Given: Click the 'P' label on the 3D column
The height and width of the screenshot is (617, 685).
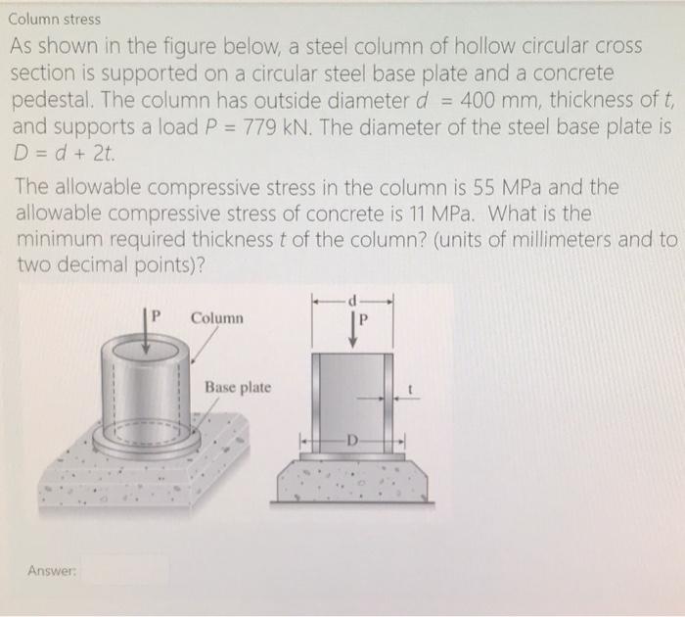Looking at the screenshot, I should pyautogui.click(x=155, y=315).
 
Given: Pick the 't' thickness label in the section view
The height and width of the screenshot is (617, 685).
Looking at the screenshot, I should pyautogui.click(x=414, y=388).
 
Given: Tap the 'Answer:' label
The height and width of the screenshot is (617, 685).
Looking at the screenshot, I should pyautogui.click(x=50, y=570).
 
